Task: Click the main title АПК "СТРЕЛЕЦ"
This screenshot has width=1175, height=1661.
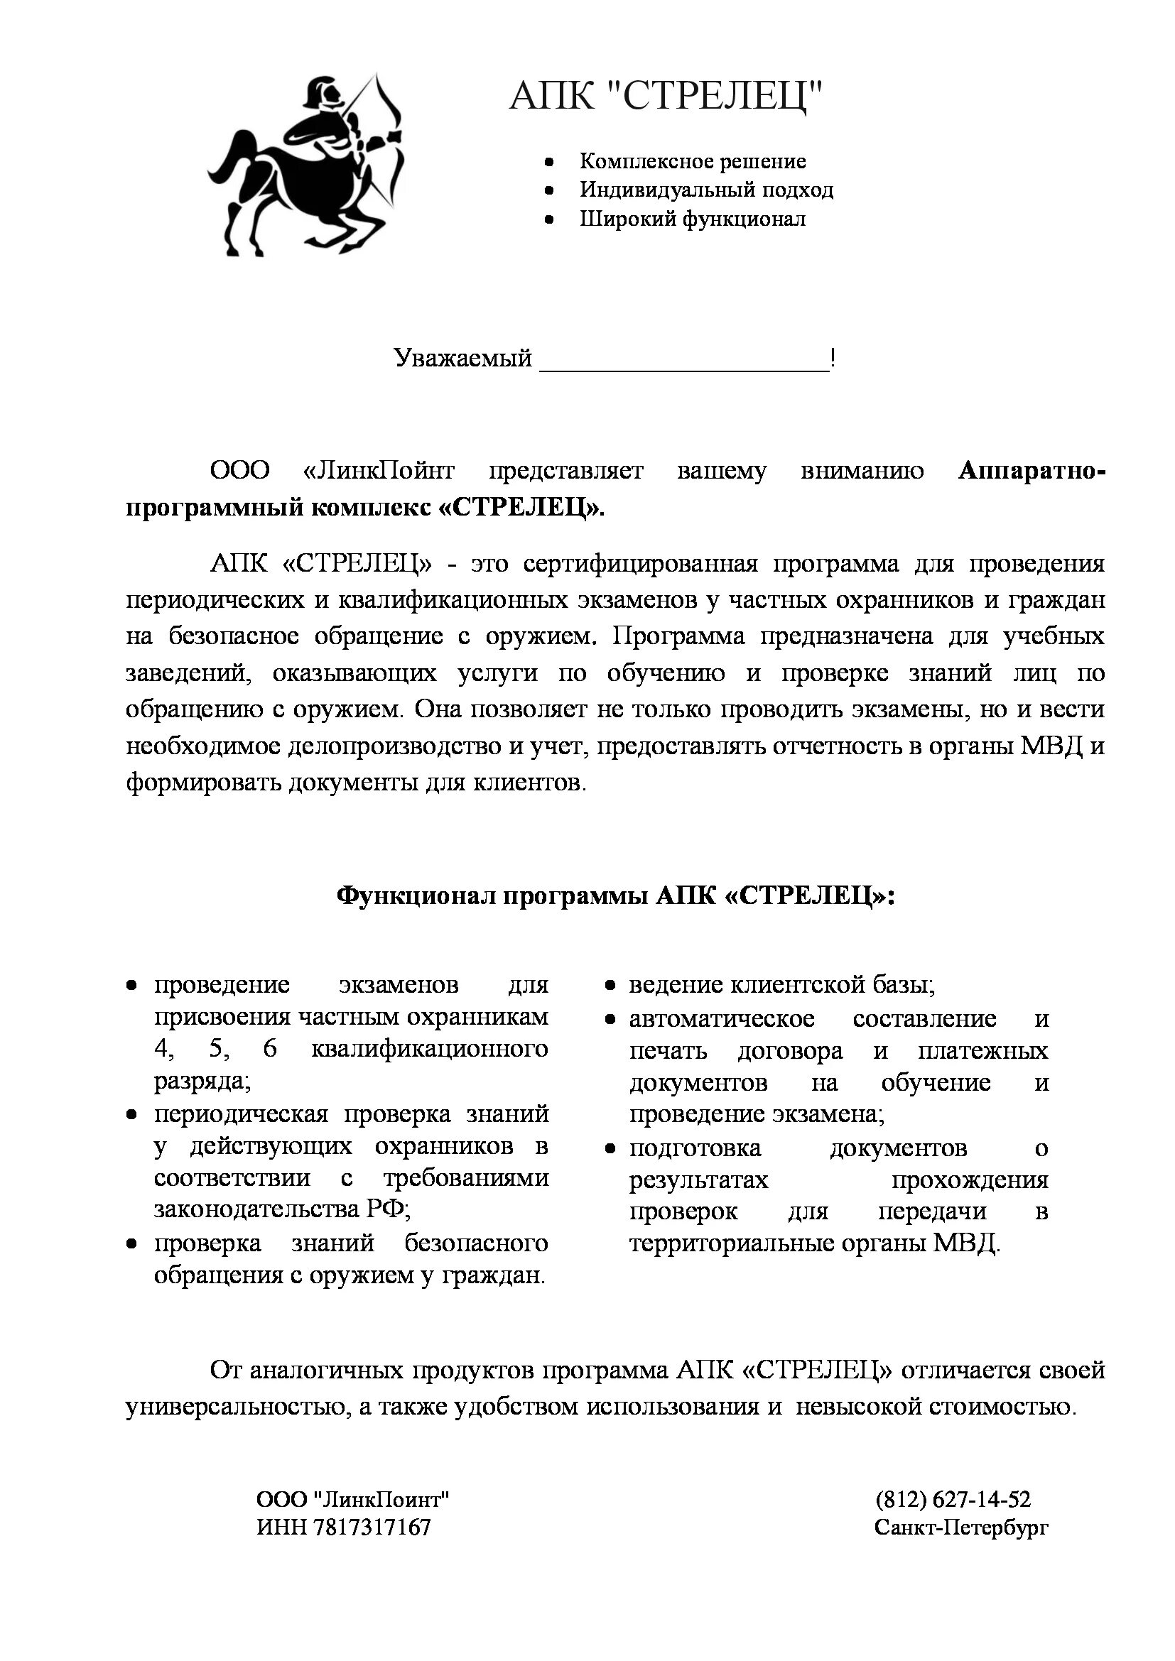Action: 666,95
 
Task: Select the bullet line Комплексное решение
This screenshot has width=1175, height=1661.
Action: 693,161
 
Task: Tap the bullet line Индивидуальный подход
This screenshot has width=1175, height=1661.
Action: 706,190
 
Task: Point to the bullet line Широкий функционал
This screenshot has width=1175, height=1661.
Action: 693,219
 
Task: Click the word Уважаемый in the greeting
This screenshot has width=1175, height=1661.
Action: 463,357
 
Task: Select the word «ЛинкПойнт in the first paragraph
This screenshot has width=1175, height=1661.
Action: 379,471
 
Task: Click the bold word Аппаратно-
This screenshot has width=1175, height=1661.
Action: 1031,471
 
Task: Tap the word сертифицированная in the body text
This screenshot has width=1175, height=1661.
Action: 640,564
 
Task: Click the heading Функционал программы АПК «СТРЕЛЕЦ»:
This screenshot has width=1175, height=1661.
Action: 616,896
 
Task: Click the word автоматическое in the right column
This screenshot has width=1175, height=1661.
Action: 721,1019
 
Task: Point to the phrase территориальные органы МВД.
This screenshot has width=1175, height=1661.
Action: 814,1243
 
